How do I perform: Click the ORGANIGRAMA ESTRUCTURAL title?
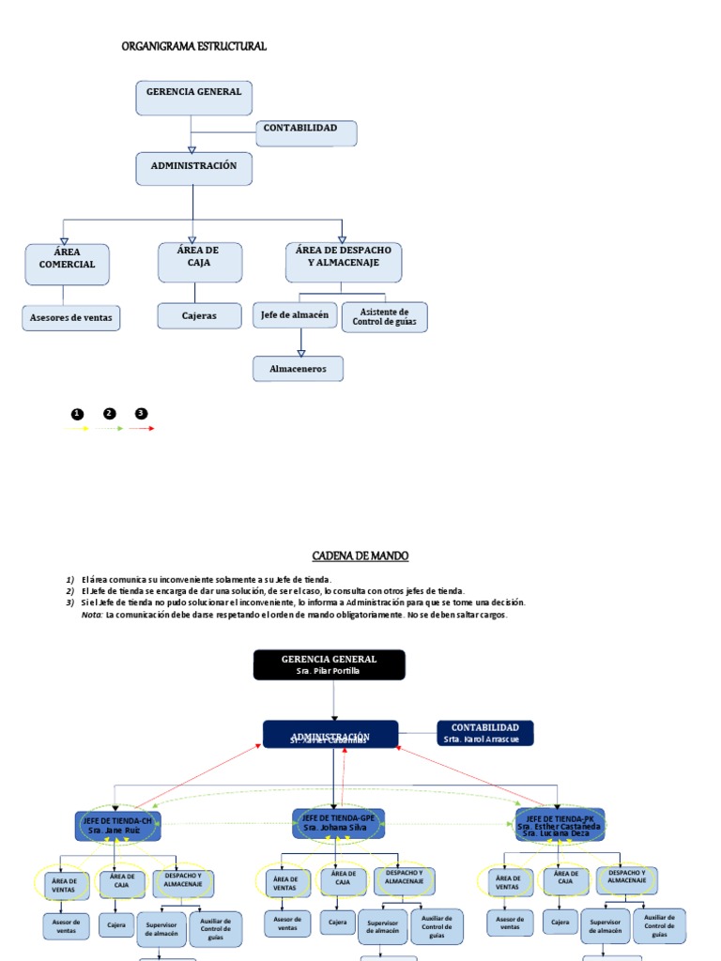(x=194, y=46)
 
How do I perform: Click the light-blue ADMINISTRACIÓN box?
(x=193, y=168)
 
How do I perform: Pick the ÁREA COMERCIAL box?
(x=68, y=264)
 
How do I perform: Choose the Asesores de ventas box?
(x=71, y=318)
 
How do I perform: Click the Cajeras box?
(x=199, y=316)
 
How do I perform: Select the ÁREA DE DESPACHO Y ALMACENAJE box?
(x=343, y=263)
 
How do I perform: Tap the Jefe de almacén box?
(x=295, y=315)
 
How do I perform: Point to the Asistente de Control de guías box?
(x=385, y=317)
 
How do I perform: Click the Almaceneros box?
(x=298, y=369)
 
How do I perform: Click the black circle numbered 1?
(x=76, y=414)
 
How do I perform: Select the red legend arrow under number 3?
(x=142, y=429)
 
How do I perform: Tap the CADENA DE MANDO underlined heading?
(x=360, y=556)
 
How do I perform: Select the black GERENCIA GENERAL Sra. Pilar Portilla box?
(x=330, y=664)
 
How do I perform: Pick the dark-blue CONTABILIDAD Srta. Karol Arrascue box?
(x=485, y=733)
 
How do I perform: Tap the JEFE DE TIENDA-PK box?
(x=560, y=824)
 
